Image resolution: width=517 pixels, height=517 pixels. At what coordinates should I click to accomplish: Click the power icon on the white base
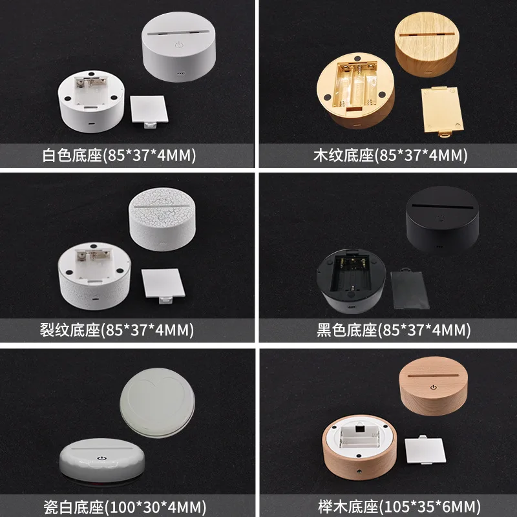(179, 45)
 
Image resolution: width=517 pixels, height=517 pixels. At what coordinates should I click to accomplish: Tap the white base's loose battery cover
(149, 111)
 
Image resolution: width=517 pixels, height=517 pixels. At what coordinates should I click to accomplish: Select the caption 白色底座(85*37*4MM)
(119, 155)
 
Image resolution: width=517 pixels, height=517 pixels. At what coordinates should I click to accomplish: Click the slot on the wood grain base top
(427, 35)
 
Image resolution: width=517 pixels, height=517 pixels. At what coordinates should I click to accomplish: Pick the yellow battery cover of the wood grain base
(442, 111)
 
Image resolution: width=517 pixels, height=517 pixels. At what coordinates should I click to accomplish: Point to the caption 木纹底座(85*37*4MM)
(390, 155)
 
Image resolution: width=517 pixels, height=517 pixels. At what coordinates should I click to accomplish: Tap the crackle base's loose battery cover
(164, 286)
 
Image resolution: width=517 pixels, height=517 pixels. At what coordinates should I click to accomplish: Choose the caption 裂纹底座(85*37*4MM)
(117, 330)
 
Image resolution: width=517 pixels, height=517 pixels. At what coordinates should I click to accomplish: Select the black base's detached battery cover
(410, 289)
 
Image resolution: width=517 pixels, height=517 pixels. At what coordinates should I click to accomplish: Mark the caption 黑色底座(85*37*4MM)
(394, 330)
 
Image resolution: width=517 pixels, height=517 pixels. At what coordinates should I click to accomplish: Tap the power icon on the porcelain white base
(102, 458)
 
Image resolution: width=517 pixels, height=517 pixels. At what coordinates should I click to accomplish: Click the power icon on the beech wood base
(433, 387)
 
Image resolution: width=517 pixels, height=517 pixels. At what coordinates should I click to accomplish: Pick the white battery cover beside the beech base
(425, 449)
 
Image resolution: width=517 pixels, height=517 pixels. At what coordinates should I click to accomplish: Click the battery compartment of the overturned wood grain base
(355, 86)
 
